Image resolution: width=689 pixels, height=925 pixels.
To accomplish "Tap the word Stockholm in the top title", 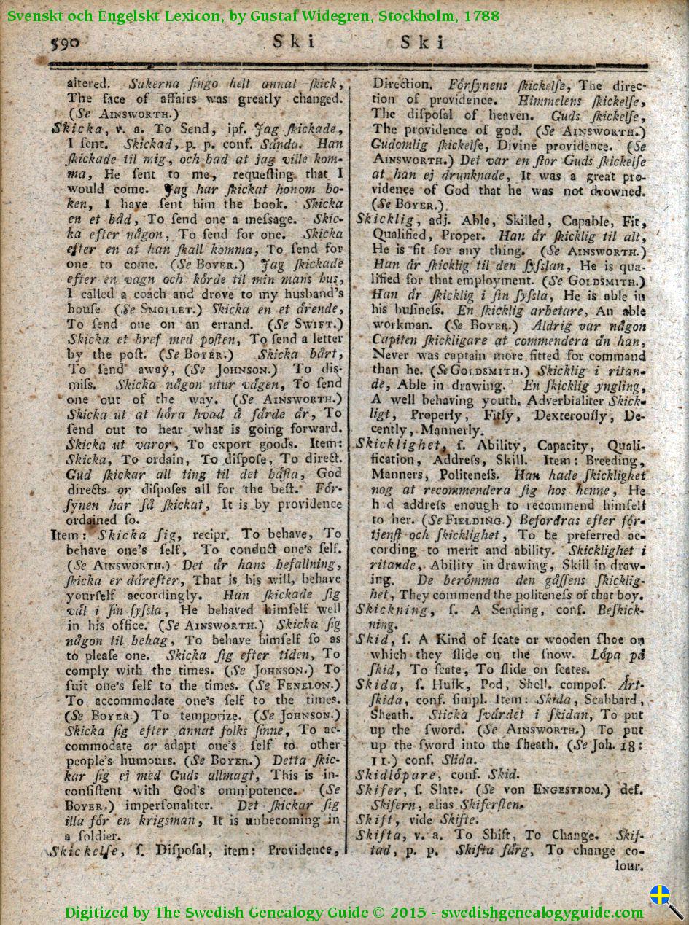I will tap(413, 15).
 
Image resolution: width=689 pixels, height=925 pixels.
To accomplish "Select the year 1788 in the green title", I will tap(480, 15).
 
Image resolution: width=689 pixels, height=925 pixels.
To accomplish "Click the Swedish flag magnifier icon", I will tap(666, 901).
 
